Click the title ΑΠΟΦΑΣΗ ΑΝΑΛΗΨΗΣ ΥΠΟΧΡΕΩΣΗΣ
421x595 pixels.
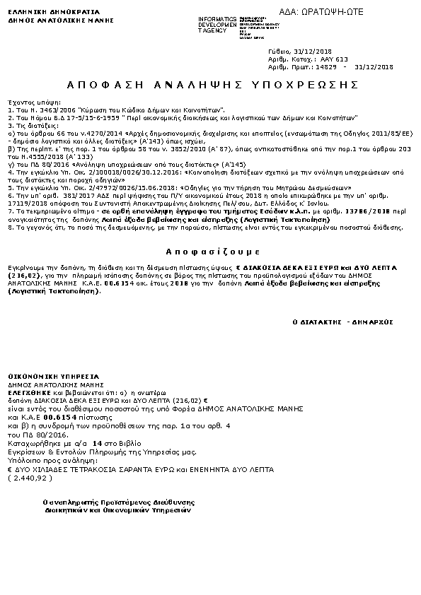coord(209,85)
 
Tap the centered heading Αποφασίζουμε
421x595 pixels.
coord(209,252)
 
